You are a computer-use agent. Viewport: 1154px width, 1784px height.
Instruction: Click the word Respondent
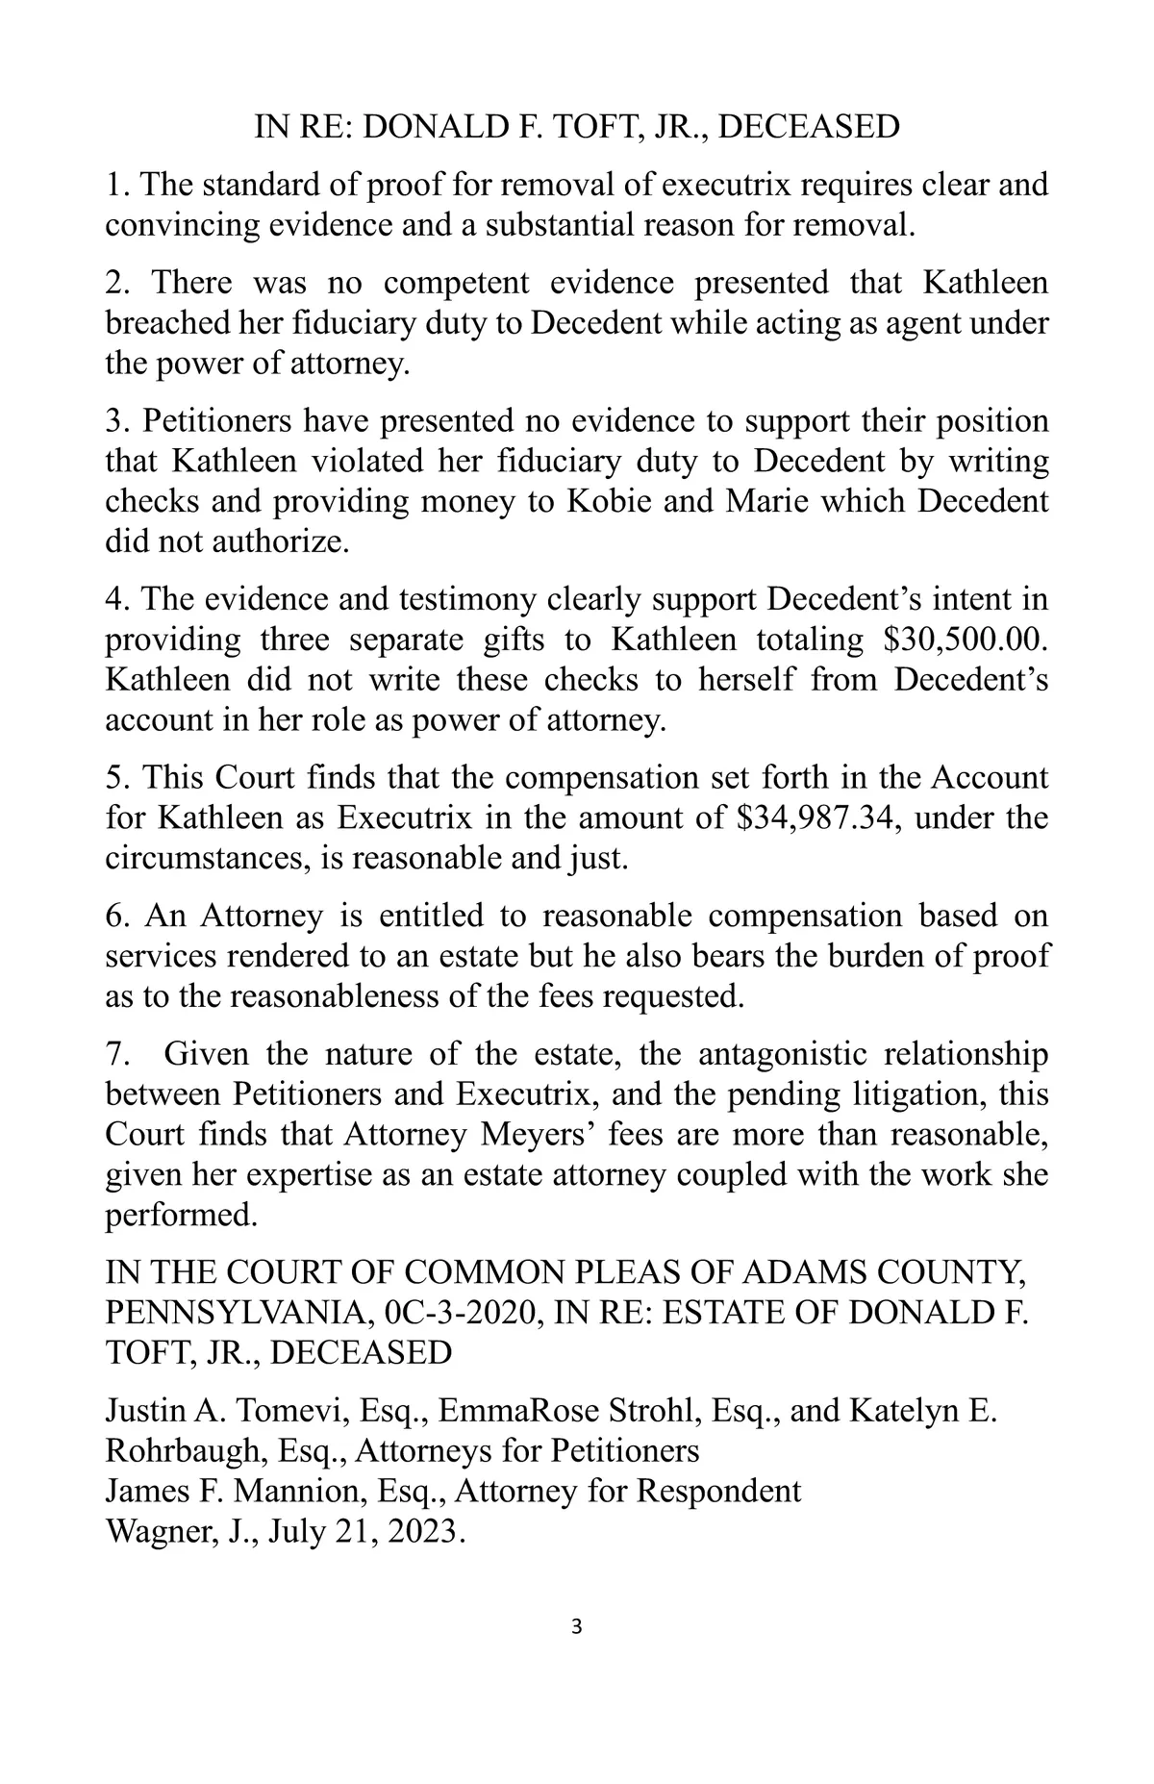coord(717,1491)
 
